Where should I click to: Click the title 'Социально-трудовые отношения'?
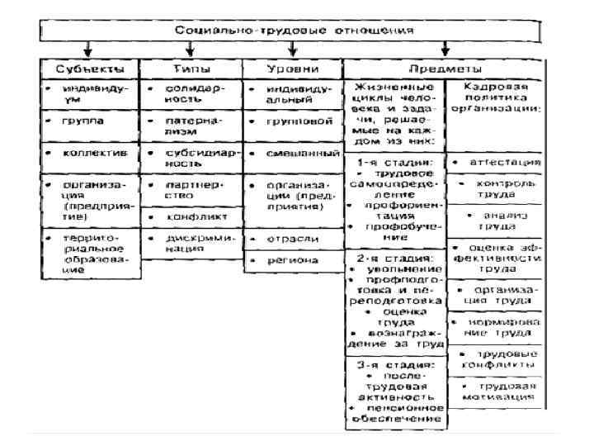[x=294, y=31]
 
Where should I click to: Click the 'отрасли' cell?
[x=292, y=238]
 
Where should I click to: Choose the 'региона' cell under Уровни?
[x=292, y=261]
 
